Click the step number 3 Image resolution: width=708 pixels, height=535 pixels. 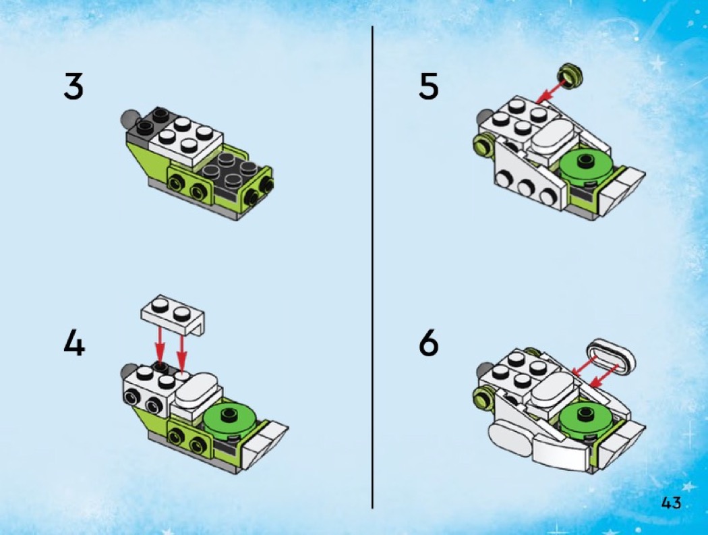click(73, 87)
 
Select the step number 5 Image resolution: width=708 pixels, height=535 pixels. click(428, 87)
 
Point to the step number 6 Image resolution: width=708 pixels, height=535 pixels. click(428, 343)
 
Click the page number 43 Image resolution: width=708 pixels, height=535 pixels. click(671, 503)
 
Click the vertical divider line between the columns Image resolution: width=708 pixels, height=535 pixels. click(372, 267)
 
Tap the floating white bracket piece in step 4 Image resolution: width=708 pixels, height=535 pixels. click(173, 314)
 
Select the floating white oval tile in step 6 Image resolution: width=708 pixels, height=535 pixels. click(611, 356)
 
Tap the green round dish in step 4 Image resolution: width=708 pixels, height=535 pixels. click(231, 420)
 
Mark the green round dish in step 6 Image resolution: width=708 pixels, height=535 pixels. click(586, 420)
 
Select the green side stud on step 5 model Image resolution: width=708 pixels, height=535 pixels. click(483, 145)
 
